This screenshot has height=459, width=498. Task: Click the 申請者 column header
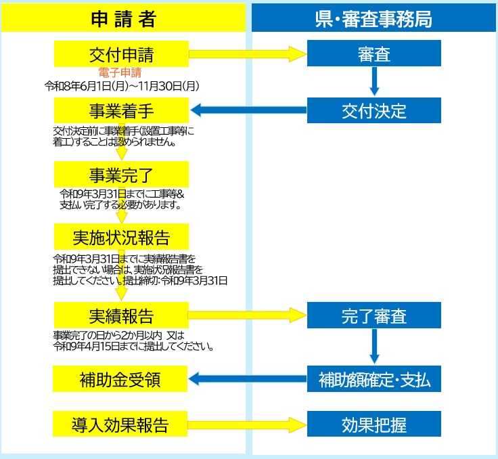click(x=123, y=18)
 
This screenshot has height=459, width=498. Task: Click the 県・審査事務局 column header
click(x=373, y=18)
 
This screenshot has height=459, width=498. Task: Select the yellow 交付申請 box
click(x=121, y=53)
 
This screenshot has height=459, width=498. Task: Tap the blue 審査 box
click(x=373, y=53)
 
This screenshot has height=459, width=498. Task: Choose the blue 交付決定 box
click(x=373, y=110)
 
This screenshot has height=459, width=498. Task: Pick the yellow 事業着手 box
click(x=121, y=110)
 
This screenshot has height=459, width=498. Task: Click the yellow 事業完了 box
click(x=121, y=174)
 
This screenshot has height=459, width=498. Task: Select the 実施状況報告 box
click(x=121, y=236)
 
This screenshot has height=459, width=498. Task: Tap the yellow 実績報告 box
click(x=121, y=315)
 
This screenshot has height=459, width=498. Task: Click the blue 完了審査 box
click(x=373, y=315)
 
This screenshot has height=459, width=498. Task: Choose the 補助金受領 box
click(x=120, y=378)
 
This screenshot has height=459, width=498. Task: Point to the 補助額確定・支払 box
click(x=373, y=378)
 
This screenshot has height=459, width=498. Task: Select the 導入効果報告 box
click(x=120, y=424)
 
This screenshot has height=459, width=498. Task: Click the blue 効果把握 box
click(x=373, y=424)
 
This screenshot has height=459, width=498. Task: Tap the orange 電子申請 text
click(x=120, y=72)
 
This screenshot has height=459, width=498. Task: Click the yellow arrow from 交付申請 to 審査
click(x=248, y=53)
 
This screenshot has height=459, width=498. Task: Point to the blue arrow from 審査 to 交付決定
click(x=374, y=81)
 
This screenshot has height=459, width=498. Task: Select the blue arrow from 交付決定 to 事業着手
click(x=249, y=110)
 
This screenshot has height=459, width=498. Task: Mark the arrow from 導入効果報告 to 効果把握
click(x=247, y=424)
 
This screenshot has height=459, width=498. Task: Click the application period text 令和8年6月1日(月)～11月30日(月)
click(x=122, y=86)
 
